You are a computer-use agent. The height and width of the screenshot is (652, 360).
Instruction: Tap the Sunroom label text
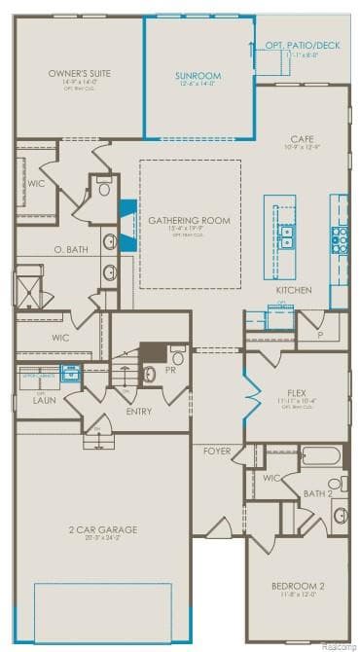pos(198,76)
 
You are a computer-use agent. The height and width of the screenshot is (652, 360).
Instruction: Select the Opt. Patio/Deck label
pos(302,46)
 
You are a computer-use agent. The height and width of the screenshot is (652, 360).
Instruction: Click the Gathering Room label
pos(189,221)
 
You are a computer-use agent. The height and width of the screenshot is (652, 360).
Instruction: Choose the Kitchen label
pos(293,291)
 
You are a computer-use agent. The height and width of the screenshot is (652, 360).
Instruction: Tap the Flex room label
pos(296,393)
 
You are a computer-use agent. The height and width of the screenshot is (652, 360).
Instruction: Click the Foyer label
pos(217,452)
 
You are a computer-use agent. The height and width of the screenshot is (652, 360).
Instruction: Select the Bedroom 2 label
pos(298,586)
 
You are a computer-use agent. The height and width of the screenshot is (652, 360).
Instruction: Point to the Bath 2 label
pos(317,493)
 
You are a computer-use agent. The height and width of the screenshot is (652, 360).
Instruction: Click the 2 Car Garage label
pos(102,529)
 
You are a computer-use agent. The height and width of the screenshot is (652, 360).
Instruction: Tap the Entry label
pos(139,411)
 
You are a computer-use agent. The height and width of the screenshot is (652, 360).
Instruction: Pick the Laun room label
pos(43,400)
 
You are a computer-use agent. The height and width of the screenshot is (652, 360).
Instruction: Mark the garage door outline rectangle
pos(102,612)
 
